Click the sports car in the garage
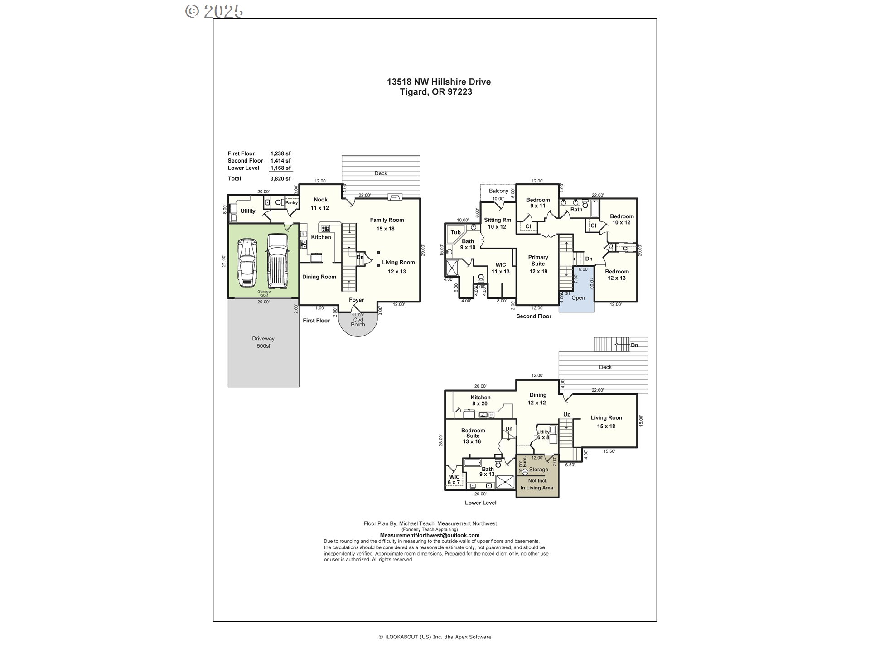[247, 263]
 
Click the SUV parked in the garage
[277, 261]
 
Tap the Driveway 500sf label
[263, 342]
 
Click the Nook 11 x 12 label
[320, 204]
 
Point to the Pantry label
[291, 203]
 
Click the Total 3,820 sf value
[280, 179]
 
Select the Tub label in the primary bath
[455, 232]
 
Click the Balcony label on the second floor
[498, 191]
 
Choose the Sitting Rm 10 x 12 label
[497, 223]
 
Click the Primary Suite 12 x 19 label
[538, 264]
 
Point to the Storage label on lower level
[538, 470]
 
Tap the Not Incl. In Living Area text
[537, 484]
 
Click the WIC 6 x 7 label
[454, 480]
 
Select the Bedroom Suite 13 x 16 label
[473, 436]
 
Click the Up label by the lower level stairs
[566, 415]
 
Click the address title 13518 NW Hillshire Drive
[438, 82]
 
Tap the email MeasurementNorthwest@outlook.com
[429, 535]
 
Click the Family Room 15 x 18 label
[387, 224]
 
